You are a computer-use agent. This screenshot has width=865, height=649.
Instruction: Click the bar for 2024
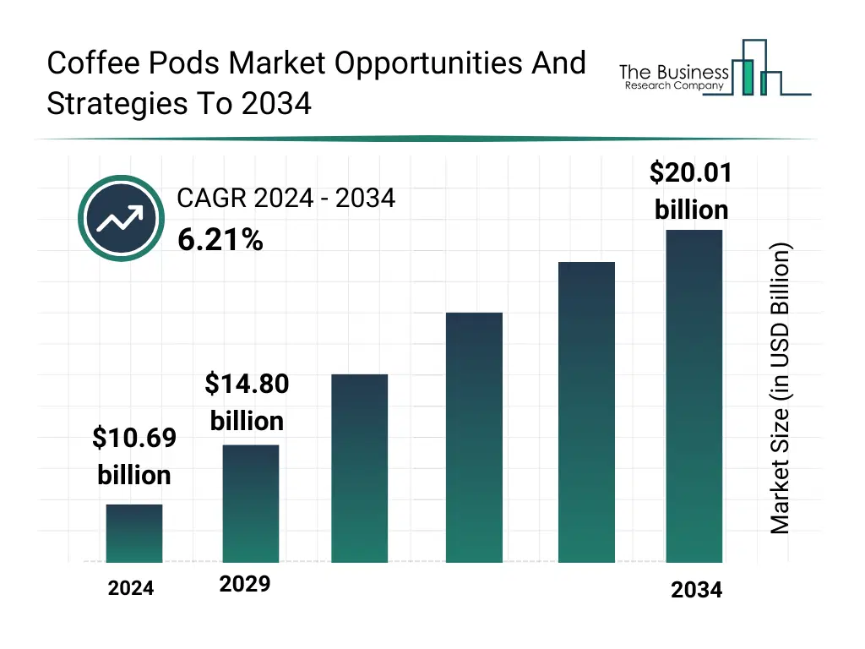(134, 533)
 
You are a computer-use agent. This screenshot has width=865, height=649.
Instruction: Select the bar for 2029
(251, 504)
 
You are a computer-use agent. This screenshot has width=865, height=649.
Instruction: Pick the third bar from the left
(360, 468)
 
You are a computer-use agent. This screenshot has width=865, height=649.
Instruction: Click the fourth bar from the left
(474, 437)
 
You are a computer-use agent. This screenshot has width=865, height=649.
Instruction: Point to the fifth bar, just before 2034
(586, 412)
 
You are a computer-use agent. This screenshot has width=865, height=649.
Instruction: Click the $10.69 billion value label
(134, 456)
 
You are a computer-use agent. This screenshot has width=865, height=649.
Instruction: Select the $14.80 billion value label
(247, 402)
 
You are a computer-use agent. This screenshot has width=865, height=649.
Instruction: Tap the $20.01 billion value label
(691, 190)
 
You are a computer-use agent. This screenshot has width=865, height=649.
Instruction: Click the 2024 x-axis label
(131, 588)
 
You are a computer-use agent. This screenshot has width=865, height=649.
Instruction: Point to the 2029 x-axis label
(245, 584)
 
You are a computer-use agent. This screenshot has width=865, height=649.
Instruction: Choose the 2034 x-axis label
(697, 590)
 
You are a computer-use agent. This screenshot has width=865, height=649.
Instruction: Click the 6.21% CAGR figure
(220, 241)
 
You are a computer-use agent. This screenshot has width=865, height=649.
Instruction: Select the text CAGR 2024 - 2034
(286, 199)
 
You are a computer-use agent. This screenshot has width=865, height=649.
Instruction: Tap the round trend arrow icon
(120, 219)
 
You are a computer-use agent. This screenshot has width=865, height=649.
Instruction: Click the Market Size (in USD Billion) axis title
(781, 389)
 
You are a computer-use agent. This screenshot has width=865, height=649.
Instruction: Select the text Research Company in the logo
(673, 85)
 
